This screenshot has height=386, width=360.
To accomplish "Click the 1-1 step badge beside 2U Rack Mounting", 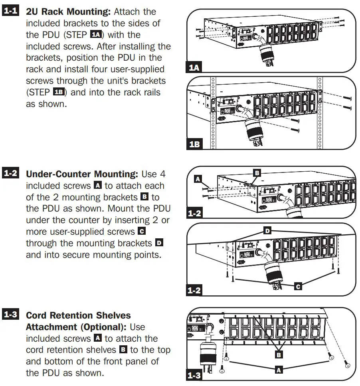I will click(10, 11).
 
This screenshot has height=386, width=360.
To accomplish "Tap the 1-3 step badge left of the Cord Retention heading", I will click(10, 315).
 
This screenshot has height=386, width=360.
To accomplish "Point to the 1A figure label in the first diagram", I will click(194, 67).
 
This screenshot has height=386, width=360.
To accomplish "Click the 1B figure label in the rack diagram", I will click(195, 144).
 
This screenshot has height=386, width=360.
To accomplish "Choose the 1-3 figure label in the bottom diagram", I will click(195, 375).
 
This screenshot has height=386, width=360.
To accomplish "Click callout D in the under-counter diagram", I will click(267, 231).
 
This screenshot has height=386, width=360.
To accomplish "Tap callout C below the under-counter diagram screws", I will click(297, 286).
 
